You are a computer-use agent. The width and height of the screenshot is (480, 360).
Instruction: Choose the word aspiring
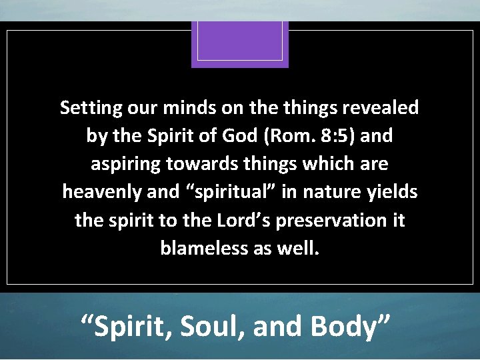[121, 164]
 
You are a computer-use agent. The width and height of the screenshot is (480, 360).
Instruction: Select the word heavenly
[95, 192]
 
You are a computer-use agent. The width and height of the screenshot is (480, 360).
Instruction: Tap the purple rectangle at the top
[240, 43]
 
